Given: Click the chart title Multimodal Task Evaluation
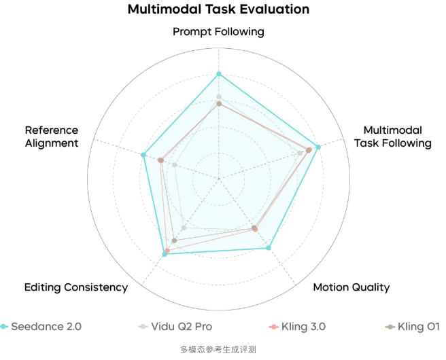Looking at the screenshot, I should tap(218, 10).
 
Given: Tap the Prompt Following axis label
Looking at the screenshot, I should tap(218, 32).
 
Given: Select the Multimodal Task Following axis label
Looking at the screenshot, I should tap(392, 137).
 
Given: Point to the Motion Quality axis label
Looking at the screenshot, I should tap(351, 287).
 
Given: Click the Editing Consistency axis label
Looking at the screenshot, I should tap(76, 287).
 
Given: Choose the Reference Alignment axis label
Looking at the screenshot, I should tap(52, 137).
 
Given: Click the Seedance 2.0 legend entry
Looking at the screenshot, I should tap(41, 327).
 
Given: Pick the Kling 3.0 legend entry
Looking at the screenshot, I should tap(297, 327).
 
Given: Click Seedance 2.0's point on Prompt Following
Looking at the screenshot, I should tap(218, 73).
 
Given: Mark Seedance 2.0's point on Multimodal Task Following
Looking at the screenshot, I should tap(318, 147).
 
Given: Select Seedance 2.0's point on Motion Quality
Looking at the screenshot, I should tap(269, 248).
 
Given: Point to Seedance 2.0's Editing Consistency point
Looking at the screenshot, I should tap(165, 254).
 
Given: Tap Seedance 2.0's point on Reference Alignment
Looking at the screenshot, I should tap(143, 155).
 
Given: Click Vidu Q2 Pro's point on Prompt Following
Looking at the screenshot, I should tap(218, 96).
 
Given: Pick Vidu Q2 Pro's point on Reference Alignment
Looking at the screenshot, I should tap(175, 164).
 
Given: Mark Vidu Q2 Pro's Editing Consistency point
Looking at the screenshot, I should tap(184, 228).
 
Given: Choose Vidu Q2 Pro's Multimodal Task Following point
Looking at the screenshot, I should tap(301, 153).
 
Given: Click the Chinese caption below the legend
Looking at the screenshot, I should tap(218, 350).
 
